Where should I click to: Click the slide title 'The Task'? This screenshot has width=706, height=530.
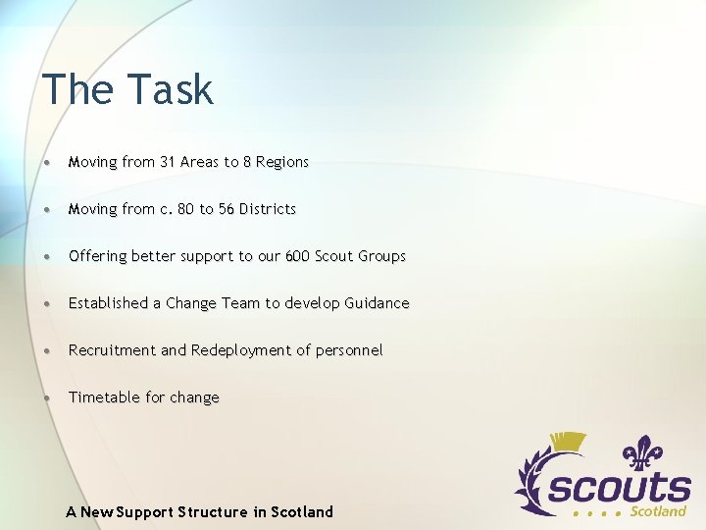127,89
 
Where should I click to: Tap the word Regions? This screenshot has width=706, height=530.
281,162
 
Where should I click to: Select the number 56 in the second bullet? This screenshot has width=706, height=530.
227,209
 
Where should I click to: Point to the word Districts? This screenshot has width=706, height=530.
269,209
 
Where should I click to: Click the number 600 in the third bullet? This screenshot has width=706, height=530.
297,256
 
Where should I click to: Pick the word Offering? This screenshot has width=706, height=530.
98,256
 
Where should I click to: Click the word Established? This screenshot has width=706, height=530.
108,303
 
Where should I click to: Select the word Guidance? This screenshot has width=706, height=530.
377,303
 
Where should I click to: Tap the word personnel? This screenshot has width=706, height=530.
349,350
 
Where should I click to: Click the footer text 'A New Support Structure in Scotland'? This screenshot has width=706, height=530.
200,511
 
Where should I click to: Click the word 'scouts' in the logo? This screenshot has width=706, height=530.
619,487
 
